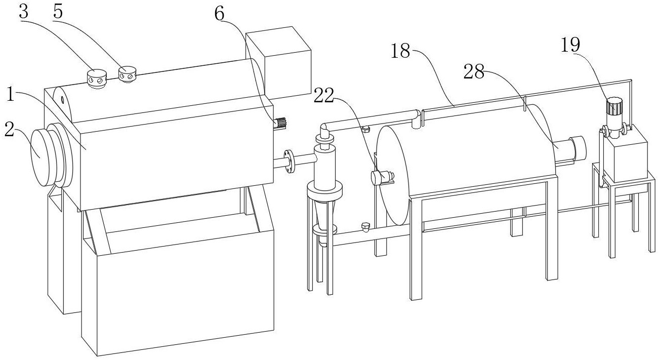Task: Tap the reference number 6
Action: point(219,14)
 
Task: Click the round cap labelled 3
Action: point(96,78)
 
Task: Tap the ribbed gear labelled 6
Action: point(280,123)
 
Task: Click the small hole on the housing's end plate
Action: point(63,99)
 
